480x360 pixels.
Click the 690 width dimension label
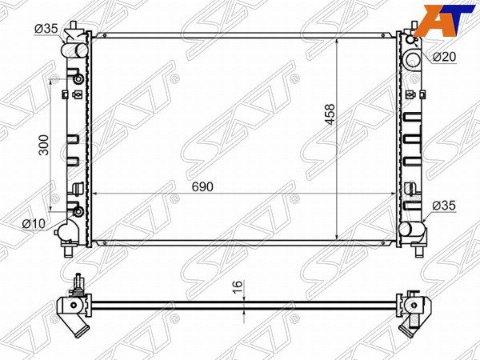(x=202, y=186)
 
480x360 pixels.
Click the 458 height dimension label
(x=330, y=114)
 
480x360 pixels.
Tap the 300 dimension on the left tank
(x=44, y=145)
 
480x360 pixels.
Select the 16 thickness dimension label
(x=238, y=287)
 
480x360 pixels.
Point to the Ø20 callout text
(x=444, y=57)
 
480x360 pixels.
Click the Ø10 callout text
(x=34, y=224)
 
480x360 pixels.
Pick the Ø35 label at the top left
(x=46, y=29)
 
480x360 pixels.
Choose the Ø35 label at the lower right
(x=444, y=206)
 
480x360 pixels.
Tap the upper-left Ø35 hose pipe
(x=74, y=50)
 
